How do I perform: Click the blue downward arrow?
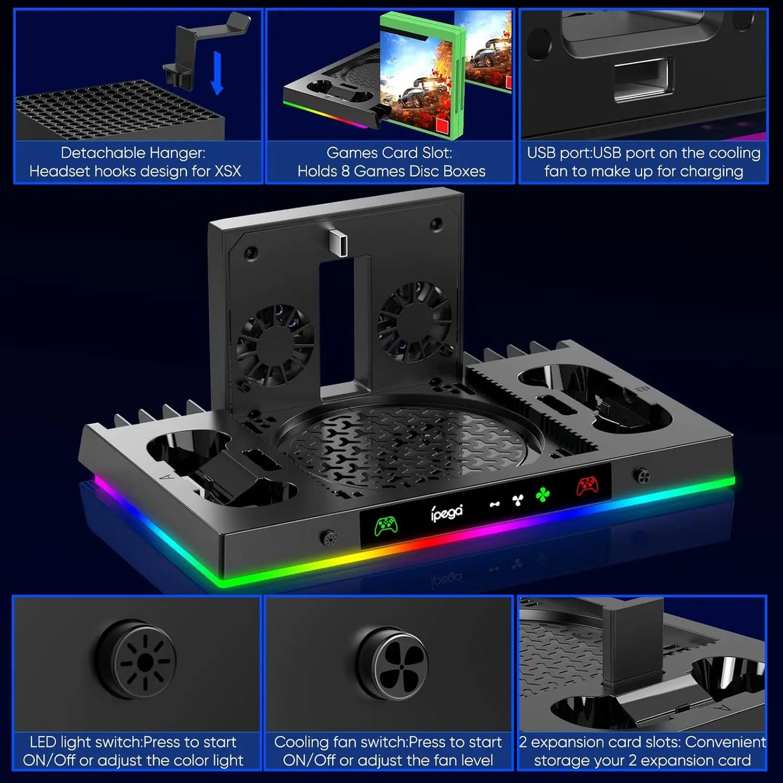pos(217,73)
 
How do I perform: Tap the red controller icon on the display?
pos(587,485)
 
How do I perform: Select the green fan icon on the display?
pos(542,495)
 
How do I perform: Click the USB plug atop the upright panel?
pos(337,244)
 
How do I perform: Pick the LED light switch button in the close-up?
pos(145,662)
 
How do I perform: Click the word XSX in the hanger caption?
pos(228,172)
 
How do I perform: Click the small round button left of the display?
pos(328,539)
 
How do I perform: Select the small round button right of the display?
pos(643,475)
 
